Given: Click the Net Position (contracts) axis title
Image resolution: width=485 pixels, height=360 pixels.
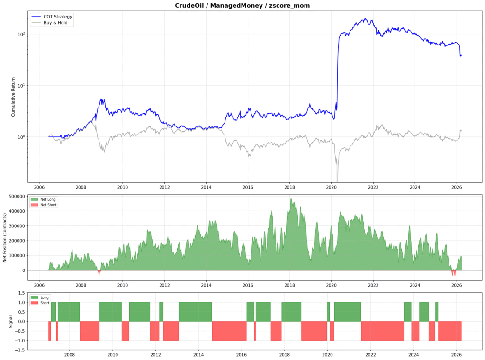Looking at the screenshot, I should [x=5, y=237].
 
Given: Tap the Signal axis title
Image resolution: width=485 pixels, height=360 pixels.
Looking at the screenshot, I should [x=10, y=322].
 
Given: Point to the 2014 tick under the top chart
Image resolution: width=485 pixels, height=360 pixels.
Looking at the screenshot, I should [x=206, y=186].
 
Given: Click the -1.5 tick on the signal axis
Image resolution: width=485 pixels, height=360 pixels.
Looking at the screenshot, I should [x=18, y=350].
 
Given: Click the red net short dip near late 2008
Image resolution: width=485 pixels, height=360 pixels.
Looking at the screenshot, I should [x=99, y=273].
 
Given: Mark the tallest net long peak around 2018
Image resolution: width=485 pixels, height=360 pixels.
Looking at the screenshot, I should [x=291, y=200].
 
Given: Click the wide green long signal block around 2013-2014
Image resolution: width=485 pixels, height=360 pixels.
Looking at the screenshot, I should [x=195, y=312].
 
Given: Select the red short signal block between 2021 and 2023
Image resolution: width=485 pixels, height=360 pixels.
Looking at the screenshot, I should [x=383, y=331].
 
